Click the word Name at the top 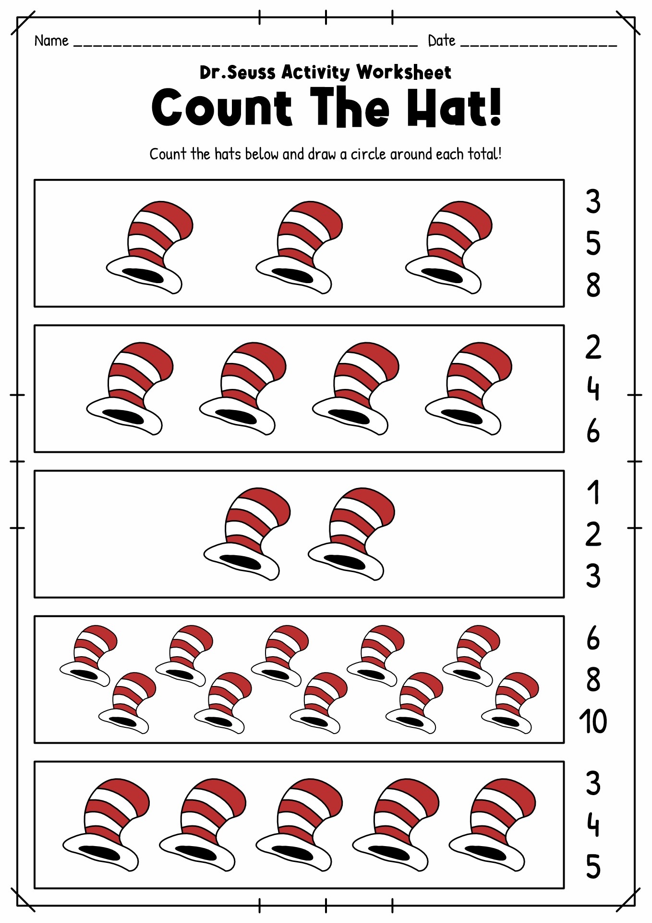click(x=51, y=41)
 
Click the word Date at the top click(x=441, y=41)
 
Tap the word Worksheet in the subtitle click(x=403, y=73)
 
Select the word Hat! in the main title click(x=454, y=108)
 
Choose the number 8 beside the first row click(x=593, y=285)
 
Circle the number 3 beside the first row click(x=593, y=202)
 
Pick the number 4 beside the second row click(x=593, y=389)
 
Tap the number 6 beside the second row click(x=593, y=431)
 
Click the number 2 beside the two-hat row click(x=593, y=534)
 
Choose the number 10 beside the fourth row click(x=593, y=721)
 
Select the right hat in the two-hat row click(x=351, y=534)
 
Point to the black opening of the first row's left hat click(x=143, y=276)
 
